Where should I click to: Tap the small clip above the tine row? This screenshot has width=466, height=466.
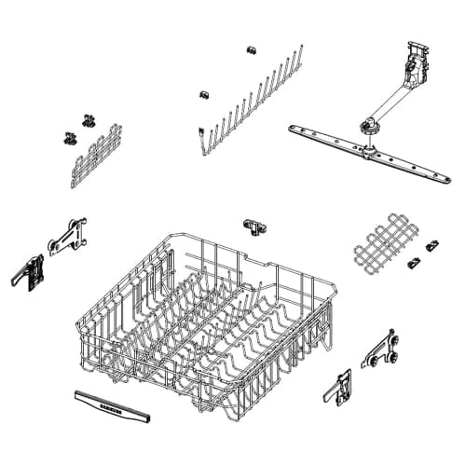[x=251, y=48]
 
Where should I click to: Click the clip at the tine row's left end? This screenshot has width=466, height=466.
[x=202, y=94]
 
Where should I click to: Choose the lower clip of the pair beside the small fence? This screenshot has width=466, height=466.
[x=70, y=138]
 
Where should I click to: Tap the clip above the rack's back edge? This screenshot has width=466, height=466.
[x=254, y=226]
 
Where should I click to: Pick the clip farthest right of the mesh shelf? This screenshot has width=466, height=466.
[x=432, y=246]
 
